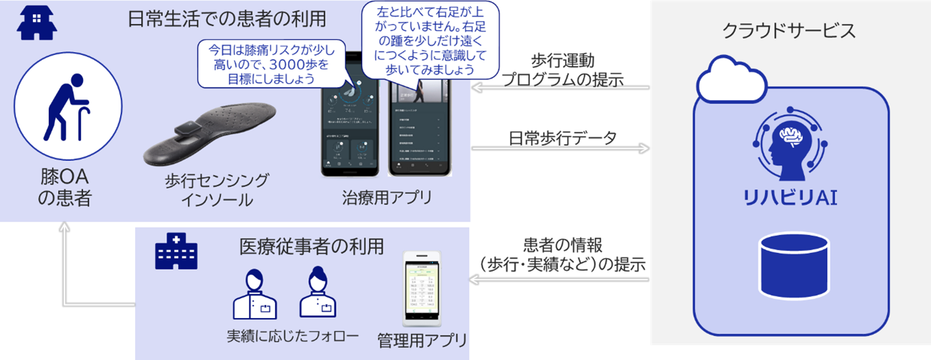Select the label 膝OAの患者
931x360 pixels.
click(x=66, y=189)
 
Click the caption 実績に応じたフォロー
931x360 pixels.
click(x=293, y=337)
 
